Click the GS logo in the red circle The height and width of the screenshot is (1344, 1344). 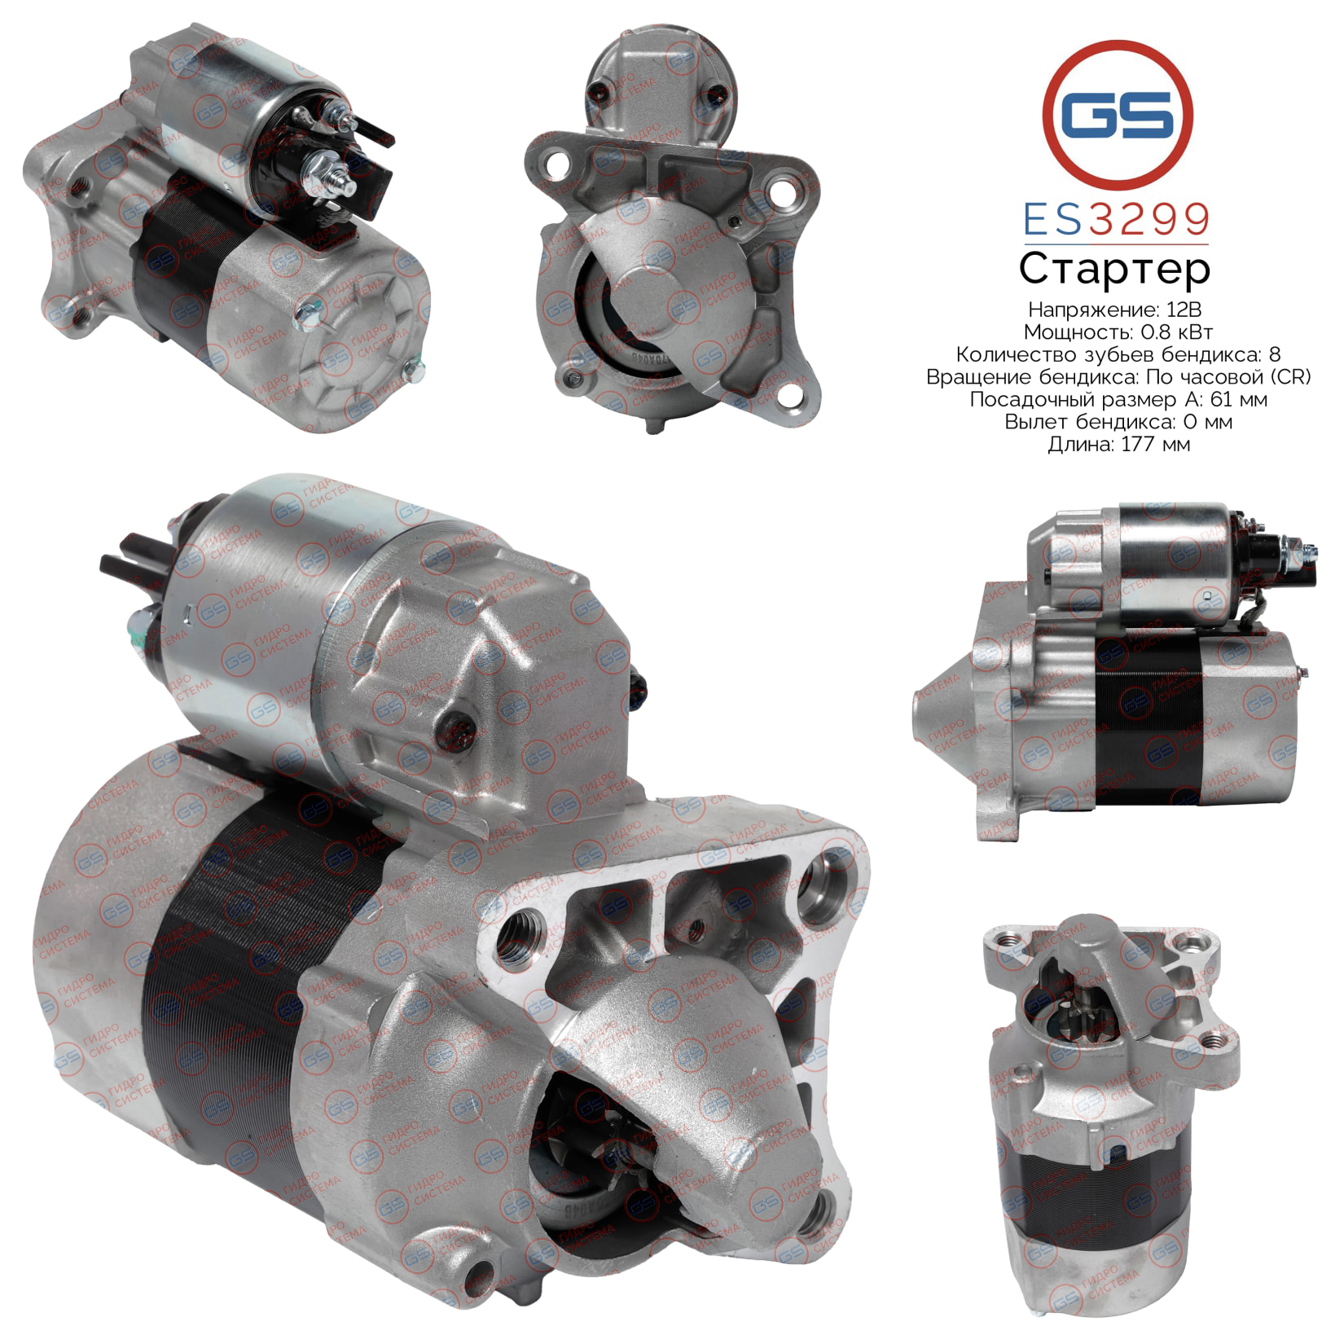[x=1118, y=114]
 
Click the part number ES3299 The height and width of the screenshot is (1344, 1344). [x=1116, y=219]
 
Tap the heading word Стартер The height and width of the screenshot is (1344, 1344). [x=1115, y=270]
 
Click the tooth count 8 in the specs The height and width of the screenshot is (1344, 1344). [x=1275, y=354]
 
